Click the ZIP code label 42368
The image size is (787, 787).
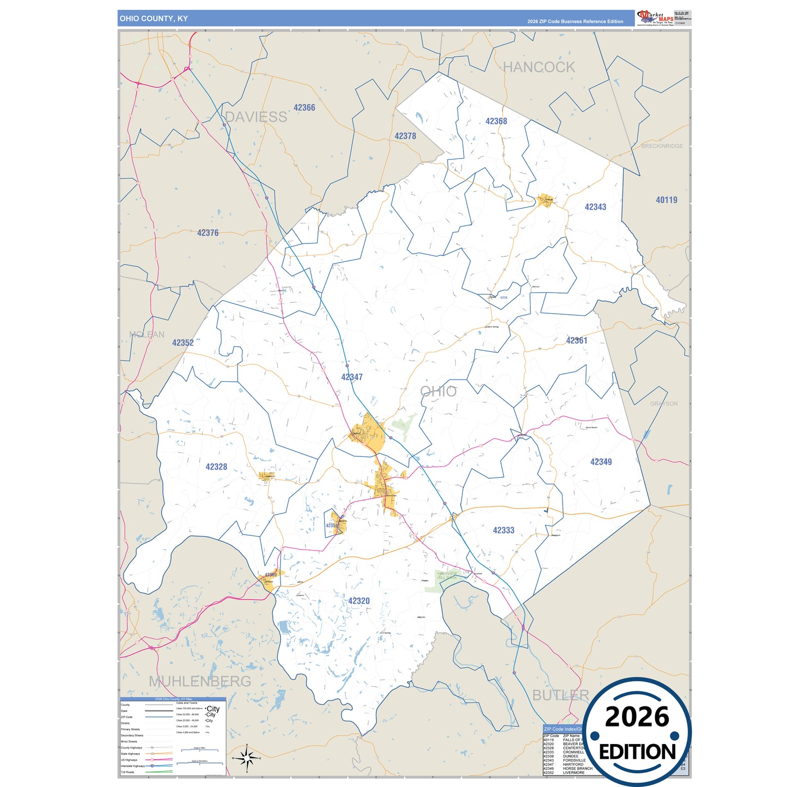point(496,121)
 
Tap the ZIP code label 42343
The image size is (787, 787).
point(595,207)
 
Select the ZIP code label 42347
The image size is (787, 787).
point(352,377)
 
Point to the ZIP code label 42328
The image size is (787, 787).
point(216,467)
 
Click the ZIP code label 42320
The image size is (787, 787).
point(359,601)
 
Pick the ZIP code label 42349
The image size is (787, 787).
point(601,462)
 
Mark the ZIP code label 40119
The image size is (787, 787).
point(666,200)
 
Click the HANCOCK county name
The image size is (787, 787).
point(539,68)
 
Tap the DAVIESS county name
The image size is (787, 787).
point(256,117)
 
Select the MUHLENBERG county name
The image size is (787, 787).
point(200,681)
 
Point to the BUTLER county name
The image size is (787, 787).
point(560,695)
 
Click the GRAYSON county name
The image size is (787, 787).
point(663,404)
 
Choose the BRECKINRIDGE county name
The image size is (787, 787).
point(662,146)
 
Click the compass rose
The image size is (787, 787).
point(247,758)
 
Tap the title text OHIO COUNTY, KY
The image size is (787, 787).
point(154,19)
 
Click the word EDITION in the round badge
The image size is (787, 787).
point(637,752)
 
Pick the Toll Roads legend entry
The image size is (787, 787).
point(127,772)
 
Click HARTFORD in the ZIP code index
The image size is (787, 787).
point(573,764)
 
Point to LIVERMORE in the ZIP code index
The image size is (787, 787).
point(574,772)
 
